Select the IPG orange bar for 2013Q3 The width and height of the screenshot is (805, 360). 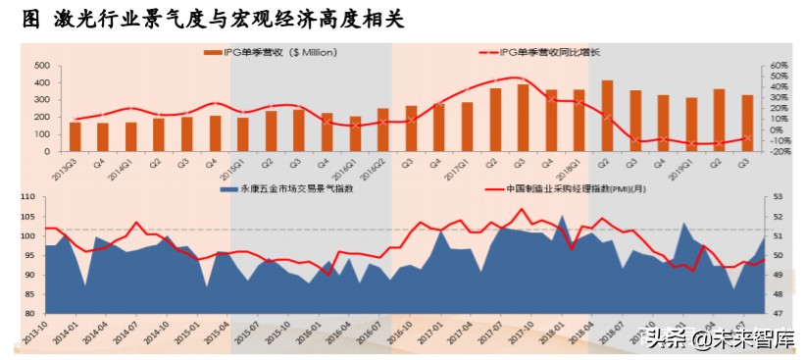tap(75, 136)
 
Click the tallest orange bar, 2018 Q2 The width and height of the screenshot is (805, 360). tap(607, 116)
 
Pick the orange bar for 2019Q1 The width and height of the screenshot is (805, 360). tap(691, 125)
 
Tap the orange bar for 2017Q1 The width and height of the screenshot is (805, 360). tap(467, 127)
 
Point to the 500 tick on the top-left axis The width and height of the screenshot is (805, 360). tap(42, 65)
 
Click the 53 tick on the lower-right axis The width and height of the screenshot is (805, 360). tap(775, 197)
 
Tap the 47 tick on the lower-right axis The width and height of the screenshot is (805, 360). tap(775, 314)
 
